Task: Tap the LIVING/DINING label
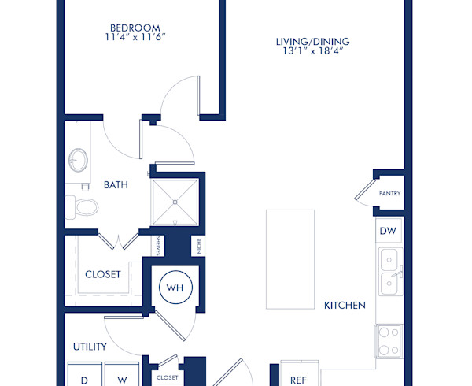312,42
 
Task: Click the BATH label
116,185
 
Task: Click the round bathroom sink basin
78,160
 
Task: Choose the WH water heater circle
175,288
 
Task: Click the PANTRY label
389,193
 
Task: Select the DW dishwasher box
388,231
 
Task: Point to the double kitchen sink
388,271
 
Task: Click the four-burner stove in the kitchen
389,340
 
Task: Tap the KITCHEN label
345,305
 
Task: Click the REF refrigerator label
298,380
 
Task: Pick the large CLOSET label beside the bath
102,274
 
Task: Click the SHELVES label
159,246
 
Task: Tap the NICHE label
200,247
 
